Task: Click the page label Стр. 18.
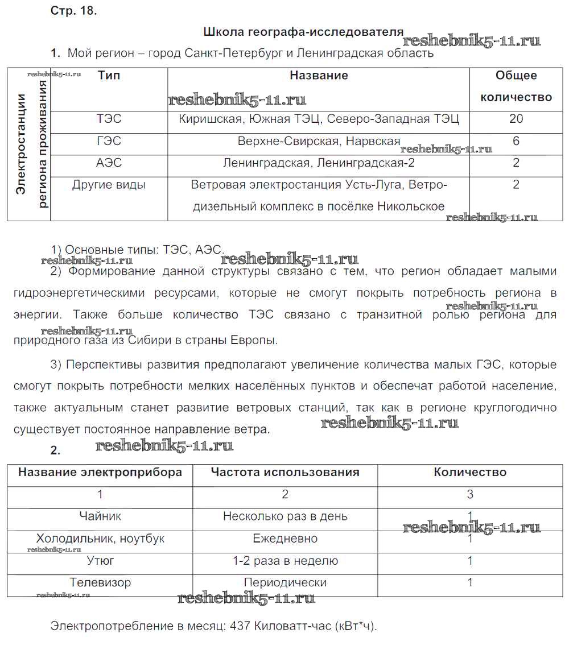[74, 12]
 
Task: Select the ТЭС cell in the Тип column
[109, 119]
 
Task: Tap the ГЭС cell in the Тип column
[109, 141]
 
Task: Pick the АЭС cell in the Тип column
[109, 163]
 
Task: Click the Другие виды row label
[109, 185]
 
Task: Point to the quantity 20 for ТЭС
[516, 119]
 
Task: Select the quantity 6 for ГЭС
[516, 141]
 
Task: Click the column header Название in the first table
[319, 76]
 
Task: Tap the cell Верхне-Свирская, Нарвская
[319, 141]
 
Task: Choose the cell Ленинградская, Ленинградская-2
[319, 163]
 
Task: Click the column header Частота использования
[285, 472]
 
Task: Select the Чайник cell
[100, 516]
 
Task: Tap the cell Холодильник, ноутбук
[100, 539]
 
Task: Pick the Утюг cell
[100, 561]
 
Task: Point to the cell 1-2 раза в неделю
[285, 561]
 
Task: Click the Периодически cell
[285, 583]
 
